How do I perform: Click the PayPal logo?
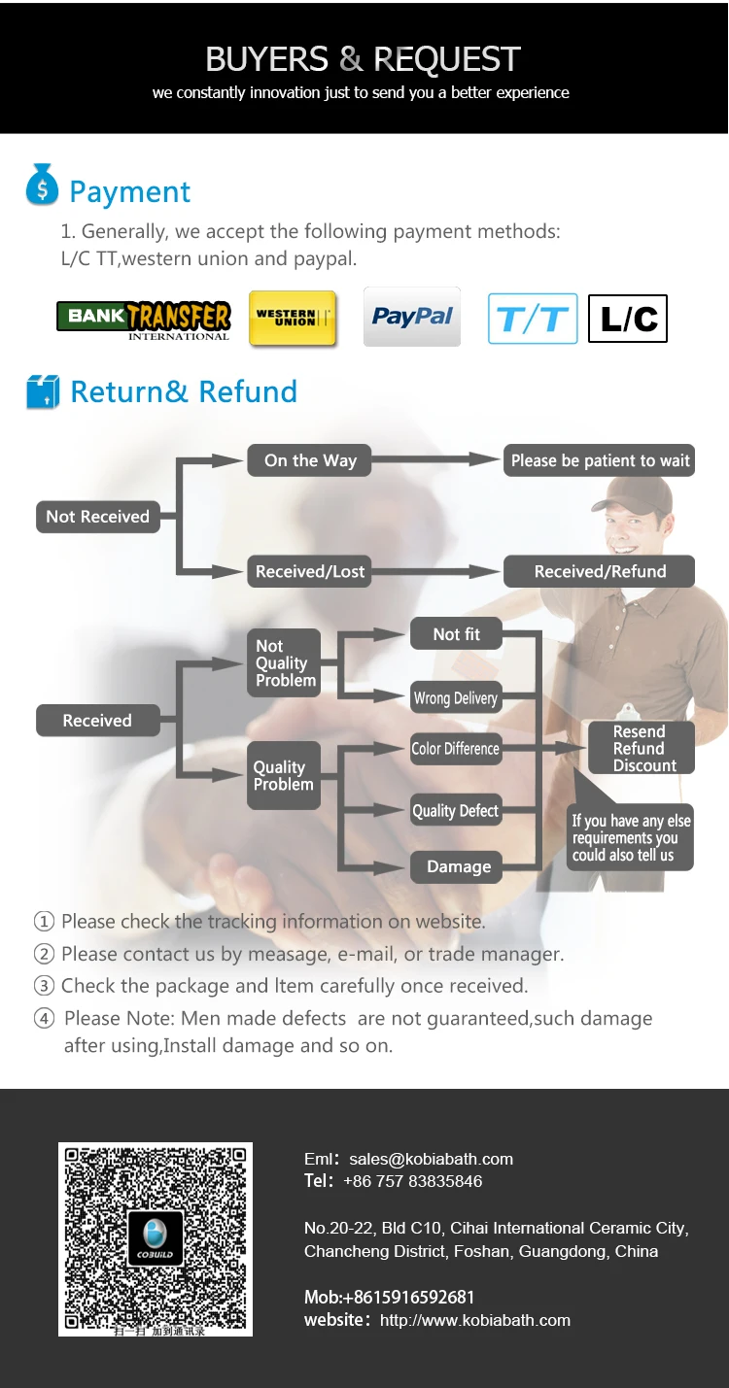click(x=412, y=317)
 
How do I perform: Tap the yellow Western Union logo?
click(x=293, y=318)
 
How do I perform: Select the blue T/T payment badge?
click(x=533, y=319)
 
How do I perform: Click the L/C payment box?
click(x=628, y=319)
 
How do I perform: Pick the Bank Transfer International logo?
click(x=144, y=320)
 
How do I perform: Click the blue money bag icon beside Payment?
click(x=42, y=185)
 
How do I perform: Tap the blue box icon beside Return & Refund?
click(x=43, y=391)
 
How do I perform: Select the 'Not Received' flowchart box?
click(x=97, y=517)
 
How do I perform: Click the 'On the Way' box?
click(x=310, y=460)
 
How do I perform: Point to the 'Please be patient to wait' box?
click(x=600, y=460)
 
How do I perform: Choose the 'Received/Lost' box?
click(x=310, y=571)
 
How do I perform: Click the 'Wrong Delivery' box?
click(x=455, y=697)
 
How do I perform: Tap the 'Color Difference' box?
click(x=455, y=748)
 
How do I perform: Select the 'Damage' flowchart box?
click(x=458, y=866)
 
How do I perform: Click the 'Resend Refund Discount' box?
click(x=640, y=748)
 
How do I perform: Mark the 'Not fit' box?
click(x=456, y=634)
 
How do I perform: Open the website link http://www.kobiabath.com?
click(x=474, y=1320)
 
